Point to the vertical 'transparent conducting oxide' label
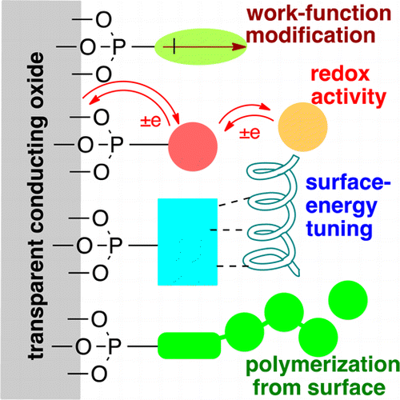(30, 200)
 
